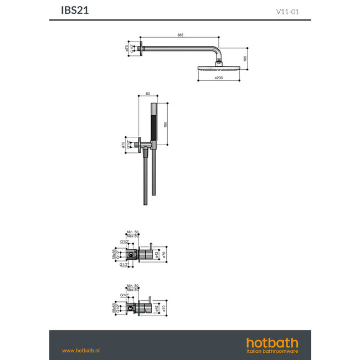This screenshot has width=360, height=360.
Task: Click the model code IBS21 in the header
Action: (74, 10)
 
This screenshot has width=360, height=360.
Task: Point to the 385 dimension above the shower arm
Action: (180, 35)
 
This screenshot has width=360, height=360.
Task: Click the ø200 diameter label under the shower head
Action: (220, 78)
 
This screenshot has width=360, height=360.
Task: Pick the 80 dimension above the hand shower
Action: (147, 94)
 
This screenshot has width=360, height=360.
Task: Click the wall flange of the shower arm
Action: (144, 48)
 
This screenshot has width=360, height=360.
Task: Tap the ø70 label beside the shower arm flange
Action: (127, 48)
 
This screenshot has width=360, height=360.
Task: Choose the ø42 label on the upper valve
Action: (157, 254)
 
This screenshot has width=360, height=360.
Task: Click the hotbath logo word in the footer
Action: (272, 342)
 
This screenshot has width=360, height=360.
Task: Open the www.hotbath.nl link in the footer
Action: (80, 351)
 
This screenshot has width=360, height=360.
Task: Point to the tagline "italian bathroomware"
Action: (272, 351)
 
